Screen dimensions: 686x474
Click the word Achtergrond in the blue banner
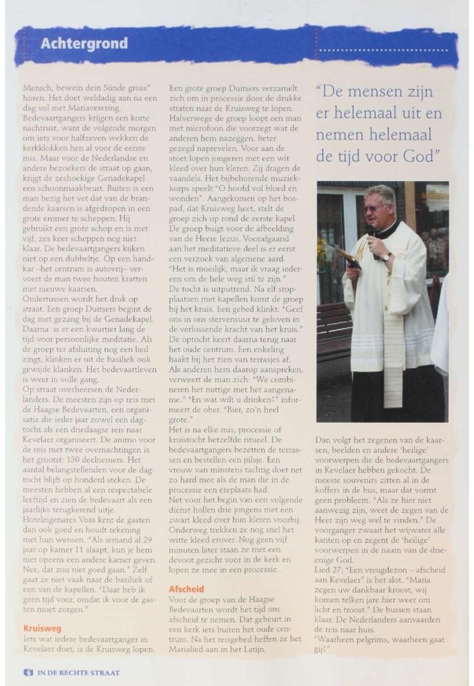pyautogui.click(x=84, y=44)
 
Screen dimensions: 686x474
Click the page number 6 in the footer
pyautogui.click(x=28, y=673)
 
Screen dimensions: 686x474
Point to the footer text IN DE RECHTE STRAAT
pyautogui.click(x=78, y=673)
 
